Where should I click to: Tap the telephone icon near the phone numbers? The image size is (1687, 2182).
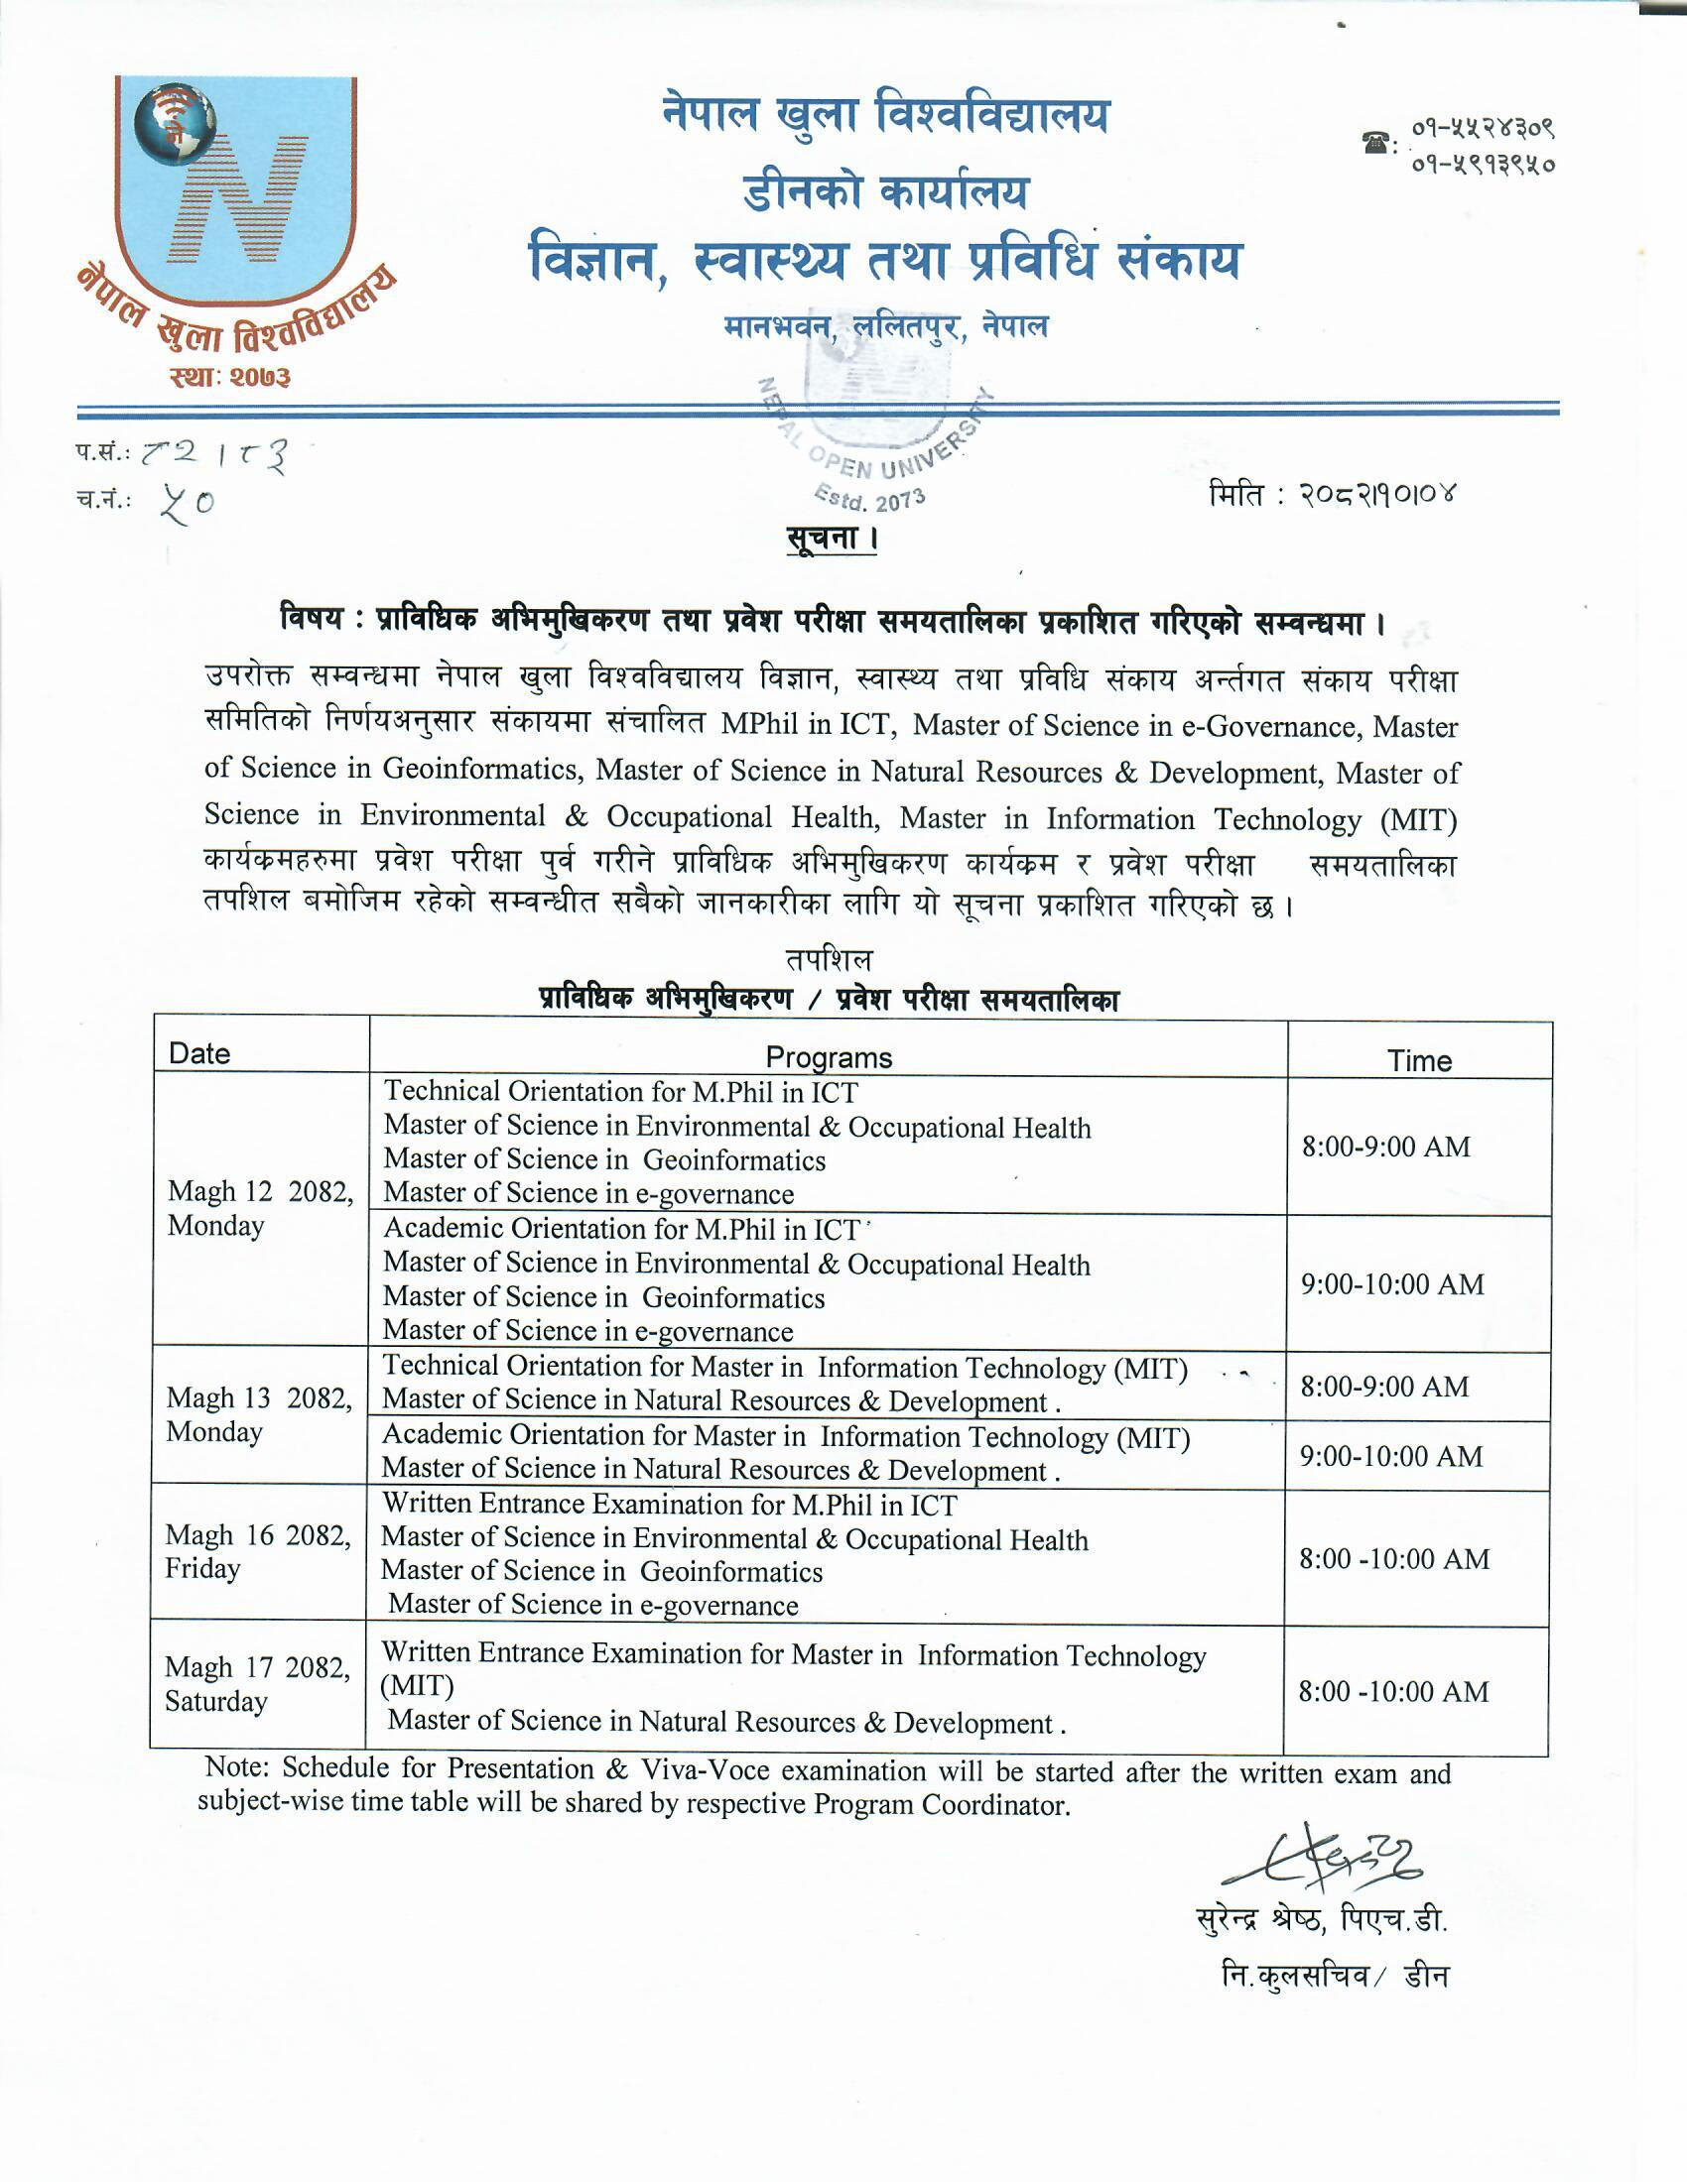click(1377, 143)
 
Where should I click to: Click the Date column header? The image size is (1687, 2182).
click(199, 1053)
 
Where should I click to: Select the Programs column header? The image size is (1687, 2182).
click(828, 1057)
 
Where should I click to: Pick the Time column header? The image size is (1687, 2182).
click(1419, 1060)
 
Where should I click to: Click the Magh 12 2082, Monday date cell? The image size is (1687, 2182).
click(260, 1208)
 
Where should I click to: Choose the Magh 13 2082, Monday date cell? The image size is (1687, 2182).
click(259, 1413)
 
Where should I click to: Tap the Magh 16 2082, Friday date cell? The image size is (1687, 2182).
click(258, 1550)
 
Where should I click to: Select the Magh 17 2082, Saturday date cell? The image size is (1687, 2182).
click(257, 1683)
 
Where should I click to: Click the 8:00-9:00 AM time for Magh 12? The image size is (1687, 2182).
click(1385, 1146)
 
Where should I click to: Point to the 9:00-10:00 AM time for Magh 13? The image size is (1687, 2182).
click(1391, 1456)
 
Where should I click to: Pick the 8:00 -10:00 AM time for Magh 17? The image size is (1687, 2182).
click(1393, 1691)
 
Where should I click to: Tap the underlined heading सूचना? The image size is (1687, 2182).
click(831, 539)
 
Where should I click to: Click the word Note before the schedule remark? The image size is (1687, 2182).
click(236, 1766)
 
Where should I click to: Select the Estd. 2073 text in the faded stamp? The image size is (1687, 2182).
click(869, 497)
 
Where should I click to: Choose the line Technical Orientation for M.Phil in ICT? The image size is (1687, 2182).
click(619, 1091)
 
